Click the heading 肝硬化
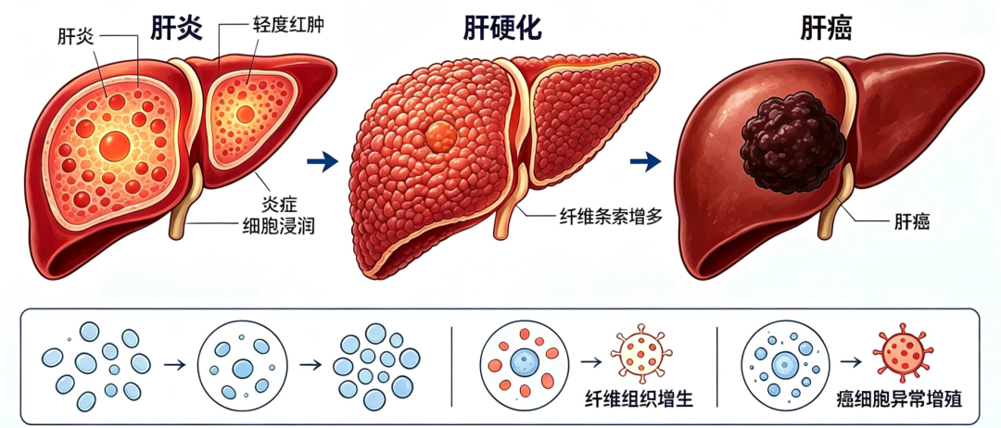tap(502, 28)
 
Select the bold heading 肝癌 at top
tap(827, 28)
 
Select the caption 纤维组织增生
tap(639, 398)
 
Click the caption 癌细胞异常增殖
tap(899, 398)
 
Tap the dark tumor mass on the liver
tap(792, 143)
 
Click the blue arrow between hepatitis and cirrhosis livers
tap(323, 162)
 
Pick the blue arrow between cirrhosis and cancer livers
tap(645, 162)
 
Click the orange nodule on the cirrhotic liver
tap(441, 136)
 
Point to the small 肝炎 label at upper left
tap(76, 36)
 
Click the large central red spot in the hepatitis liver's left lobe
tap(115, 145)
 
